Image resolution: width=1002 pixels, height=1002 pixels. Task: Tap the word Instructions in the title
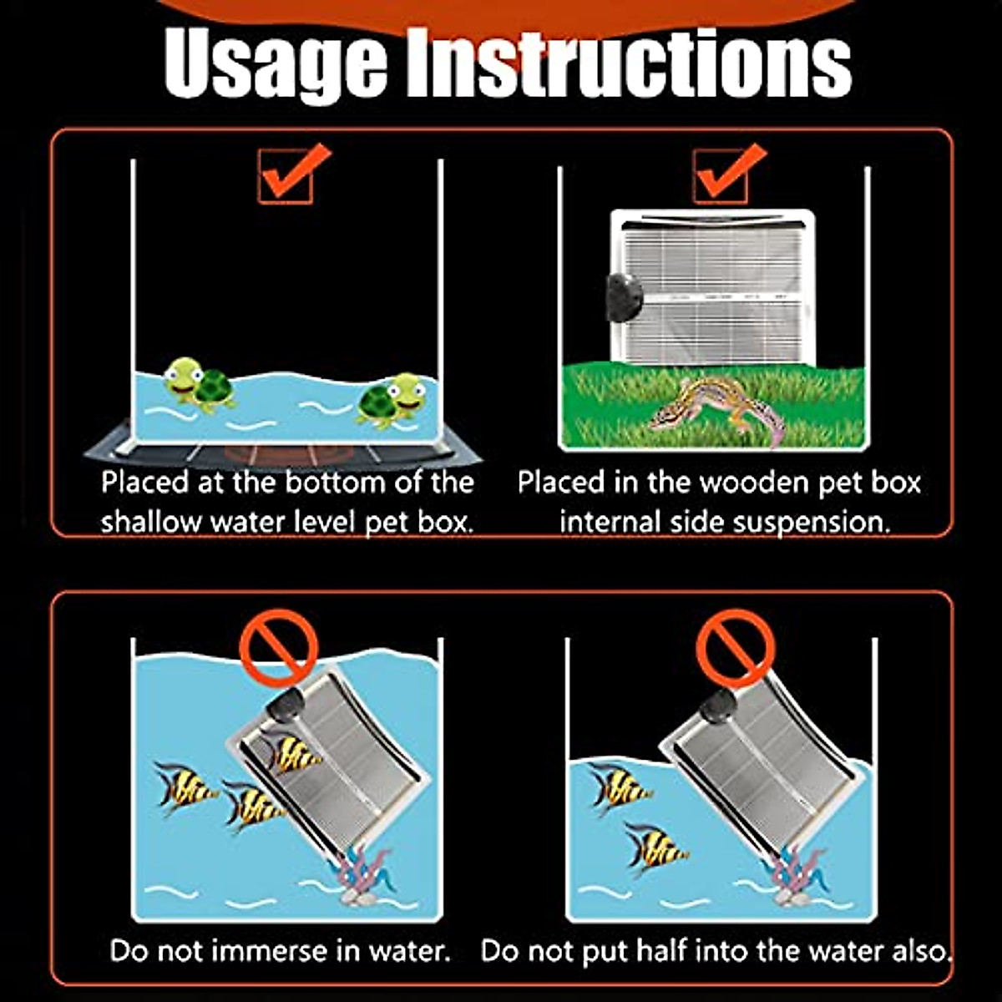point(629,63)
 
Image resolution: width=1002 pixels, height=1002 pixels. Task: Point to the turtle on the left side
point(198,386)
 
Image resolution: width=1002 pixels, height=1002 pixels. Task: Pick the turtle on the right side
point(392,401)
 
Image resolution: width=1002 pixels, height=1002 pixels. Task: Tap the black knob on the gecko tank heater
point(624,296)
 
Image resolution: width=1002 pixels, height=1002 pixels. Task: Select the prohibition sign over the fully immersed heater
point(279,649)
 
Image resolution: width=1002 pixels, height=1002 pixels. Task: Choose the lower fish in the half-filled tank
point(657,848)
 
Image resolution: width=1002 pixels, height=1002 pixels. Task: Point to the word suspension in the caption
point(807,523)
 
